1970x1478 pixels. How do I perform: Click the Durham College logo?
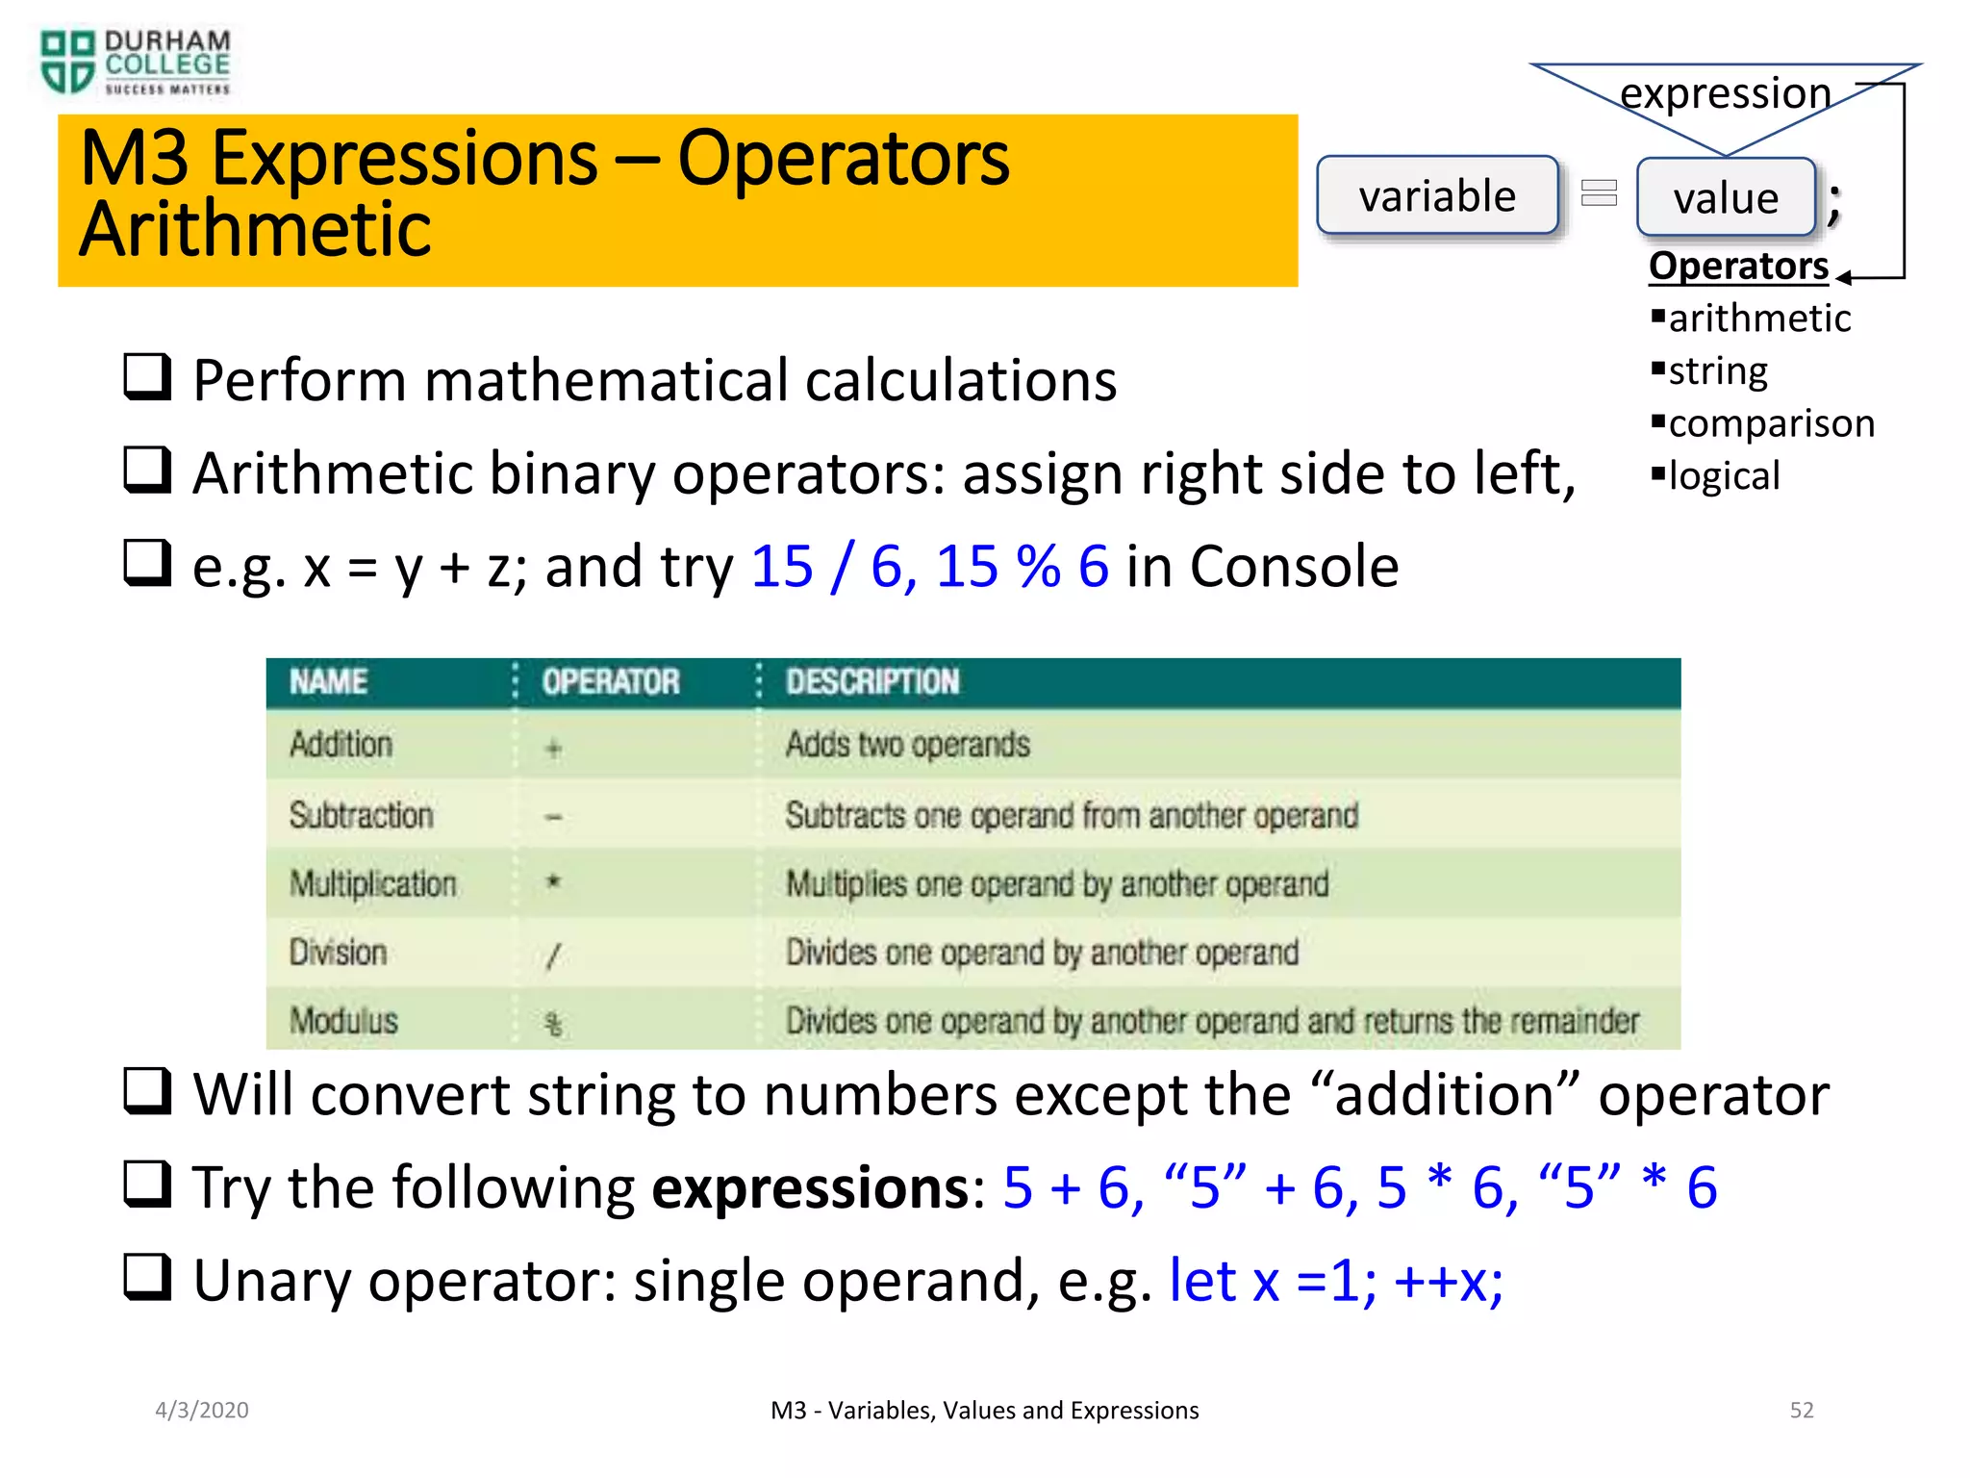pos(135,63)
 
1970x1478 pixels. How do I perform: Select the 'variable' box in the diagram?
pos(1437,195)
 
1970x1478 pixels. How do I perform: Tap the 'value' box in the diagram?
pos(1726,198)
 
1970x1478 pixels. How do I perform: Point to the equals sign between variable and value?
pos(1599,193)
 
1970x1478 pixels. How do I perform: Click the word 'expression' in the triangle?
pos(1726,94)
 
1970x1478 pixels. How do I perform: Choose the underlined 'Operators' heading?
pos(1738,267)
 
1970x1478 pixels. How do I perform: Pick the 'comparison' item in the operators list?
pos(1771,423)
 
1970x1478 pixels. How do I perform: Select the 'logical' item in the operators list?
pos(1724,476)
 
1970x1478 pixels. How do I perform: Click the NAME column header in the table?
pos(328,682)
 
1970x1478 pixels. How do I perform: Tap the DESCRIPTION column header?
pos(871,682)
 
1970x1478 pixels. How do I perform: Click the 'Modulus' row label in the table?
pos(343,1021)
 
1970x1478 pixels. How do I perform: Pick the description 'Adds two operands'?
pos(907,745)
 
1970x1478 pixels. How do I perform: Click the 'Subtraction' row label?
pos(361,816)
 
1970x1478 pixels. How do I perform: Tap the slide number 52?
pos(1801,1411)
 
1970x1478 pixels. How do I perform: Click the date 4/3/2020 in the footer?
pos(202,1411)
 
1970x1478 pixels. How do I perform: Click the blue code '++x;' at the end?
pos(1449,1282)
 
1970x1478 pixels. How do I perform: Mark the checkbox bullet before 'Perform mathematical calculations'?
pos(147,377)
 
